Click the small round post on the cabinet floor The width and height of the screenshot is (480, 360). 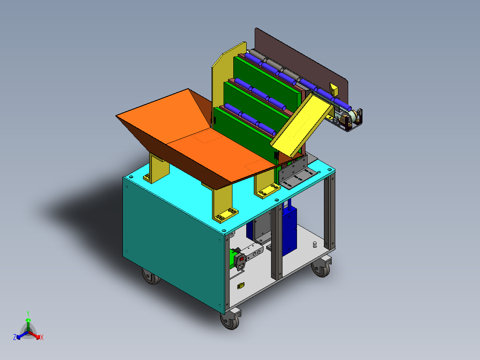pos(314,244)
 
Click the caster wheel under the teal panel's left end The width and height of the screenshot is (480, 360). pos(151,276)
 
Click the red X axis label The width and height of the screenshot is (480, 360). pos(42,338)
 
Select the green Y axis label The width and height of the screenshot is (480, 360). pos(28,313)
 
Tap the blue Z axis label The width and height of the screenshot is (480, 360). pos(15,337)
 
